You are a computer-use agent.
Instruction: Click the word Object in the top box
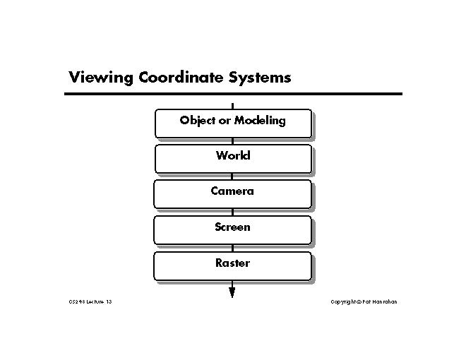pos(197,121)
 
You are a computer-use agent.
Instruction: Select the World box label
pos(233,155)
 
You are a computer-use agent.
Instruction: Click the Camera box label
pos(232,191)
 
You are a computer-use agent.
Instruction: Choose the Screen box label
pos(232,227)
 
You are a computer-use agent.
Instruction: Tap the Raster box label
pos(232,263)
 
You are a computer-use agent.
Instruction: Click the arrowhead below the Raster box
pos(232,291)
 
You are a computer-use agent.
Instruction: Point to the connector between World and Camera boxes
pos(232,176)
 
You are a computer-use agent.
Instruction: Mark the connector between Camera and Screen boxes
pos(232,212)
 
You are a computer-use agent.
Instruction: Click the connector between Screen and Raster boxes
pos(232,248)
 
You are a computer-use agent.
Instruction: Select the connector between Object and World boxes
pos(232,141)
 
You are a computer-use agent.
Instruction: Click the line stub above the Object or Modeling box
pos(232,106)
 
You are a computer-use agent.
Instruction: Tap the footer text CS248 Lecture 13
pos(90,302)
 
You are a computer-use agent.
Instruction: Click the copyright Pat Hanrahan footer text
pos(364,302)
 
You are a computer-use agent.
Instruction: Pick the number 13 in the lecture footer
pos(109,302)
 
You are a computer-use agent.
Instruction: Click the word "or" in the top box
pos(225,121)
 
